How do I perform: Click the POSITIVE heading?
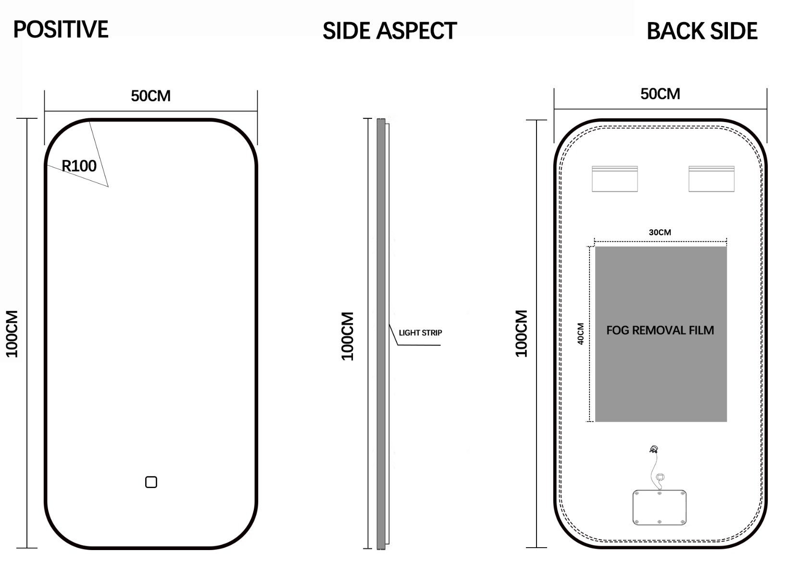point(61,29)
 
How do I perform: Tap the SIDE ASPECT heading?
point(390,31)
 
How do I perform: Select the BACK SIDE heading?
point(702,31)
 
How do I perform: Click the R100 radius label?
point(79,166)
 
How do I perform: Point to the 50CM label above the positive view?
point(150,96)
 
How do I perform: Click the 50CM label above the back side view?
point(660,94)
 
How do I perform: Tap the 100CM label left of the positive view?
point(12,334)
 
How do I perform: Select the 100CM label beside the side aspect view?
point(348,336)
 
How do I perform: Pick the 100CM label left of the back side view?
point(521,333)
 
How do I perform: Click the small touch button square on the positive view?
point(151,482)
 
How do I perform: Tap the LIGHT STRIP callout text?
point(420,333)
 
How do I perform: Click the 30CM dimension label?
point(660,232)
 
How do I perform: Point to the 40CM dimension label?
point(581,334)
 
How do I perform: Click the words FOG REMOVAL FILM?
point(660,330)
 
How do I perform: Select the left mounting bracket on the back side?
point(614,179)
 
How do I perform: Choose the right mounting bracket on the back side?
point(711,179)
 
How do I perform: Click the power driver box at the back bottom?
point(660,507)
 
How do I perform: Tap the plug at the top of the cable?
point(654,449)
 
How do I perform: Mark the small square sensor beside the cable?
point(660,477)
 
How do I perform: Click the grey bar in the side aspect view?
point(381,334)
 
